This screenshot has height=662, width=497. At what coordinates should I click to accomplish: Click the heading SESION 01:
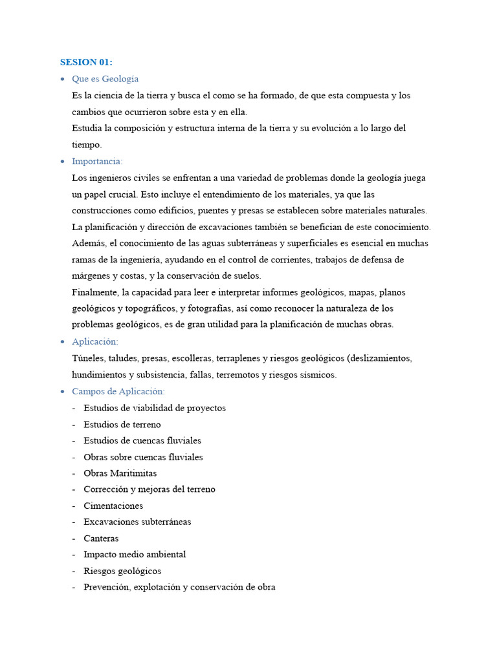point(86,62)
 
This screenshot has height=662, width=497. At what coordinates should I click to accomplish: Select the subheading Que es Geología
point(105,79)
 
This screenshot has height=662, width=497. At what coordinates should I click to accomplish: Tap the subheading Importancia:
point(97,161)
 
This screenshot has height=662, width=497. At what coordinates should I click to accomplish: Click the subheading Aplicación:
point(95,341)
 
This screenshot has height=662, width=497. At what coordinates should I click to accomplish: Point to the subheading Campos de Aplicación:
point(118,391)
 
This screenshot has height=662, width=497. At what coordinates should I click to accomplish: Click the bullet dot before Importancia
point(62,162)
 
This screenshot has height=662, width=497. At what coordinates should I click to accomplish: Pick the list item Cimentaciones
point(113,506)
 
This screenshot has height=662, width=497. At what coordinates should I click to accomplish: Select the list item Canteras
point(101,538)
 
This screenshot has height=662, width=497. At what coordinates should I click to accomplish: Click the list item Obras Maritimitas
point(120,473)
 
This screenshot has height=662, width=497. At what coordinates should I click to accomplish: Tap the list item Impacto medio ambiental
point(135,554)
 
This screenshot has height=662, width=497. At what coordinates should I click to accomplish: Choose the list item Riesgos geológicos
point(122,571)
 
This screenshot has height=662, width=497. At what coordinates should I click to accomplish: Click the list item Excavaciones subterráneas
point(137,522)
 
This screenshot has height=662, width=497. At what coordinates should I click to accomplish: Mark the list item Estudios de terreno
point(122,424)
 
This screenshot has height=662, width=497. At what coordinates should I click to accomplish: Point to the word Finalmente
point(94,292)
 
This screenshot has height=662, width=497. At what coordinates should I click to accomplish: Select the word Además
point(89,243)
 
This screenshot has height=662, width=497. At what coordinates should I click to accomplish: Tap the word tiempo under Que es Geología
point(87,145)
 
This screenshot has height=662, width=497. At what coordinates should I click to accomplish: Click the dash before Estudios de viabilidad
point(74,408)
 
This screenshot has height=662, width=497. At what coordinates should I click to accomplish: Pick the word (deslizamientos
point(380,358)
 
